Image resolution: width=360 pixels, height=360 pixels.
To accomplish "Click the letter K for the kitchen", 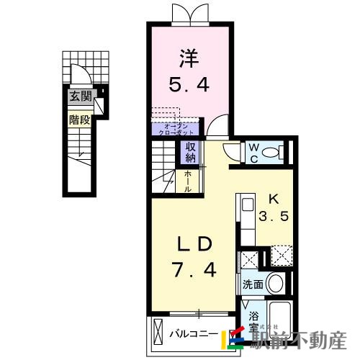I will point(274,199).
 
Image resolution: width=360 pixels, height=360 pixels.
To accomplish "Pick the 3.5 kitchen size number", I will point(274,215).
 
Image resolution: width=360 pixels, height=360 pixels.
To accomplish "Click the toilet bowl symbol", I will point(271,152).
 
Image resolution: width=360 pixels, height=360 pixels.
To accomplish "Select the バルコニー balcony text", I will point(193,333).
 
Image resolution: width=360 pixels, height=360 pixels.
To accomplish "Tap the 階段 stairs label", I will point(78,120).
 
